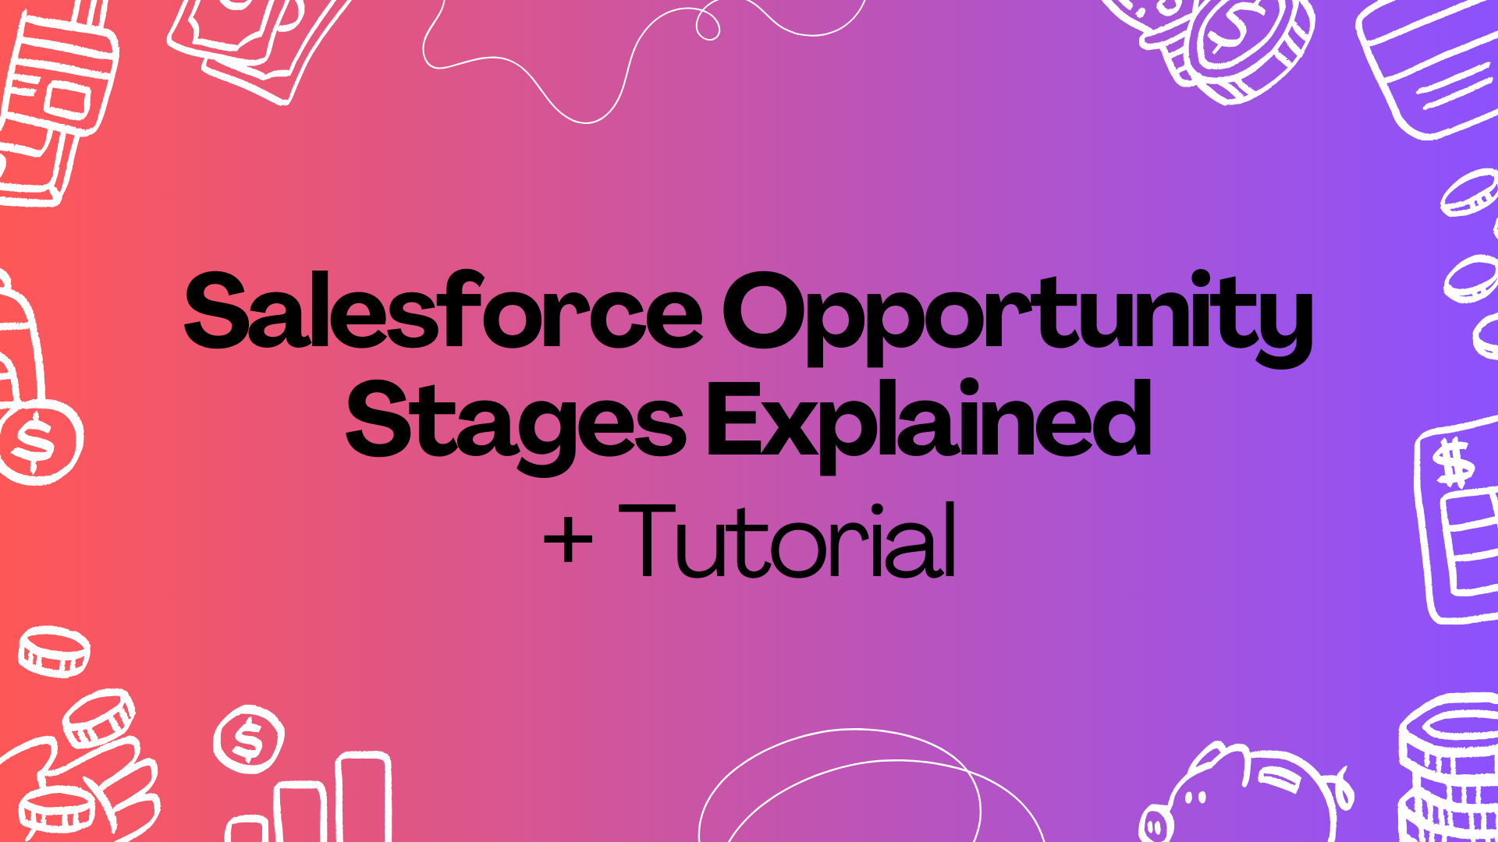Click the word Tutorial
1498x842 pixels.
coord(788,541)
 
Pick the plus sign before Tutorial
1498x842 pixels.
coord(568,541)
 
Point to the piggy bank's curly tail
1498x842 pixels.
coord(1344,787)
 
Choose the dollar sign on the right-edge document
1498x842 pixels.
coord(1454,463)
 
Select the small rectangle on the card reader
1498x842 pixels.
coord(67,99)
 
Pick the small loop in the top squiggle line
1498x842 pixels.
coord(707,24)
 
